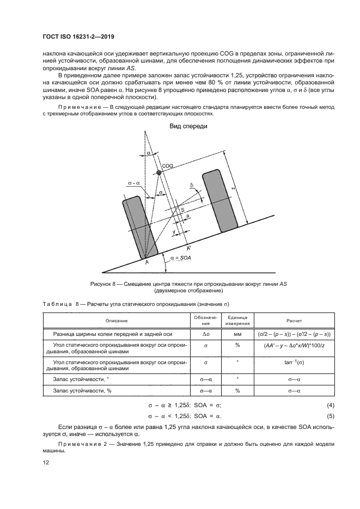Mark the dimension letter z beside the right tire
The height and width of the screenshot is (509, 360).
[233, 188]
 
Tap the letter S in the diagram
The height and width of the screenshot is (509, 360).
[182, 210]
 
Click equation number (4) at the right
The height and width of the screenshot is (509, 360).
[330, 406]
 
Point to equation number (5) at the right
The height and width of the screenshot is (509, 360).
[330, 416]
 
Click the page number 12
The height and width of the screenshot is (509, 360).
[46, 462]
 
